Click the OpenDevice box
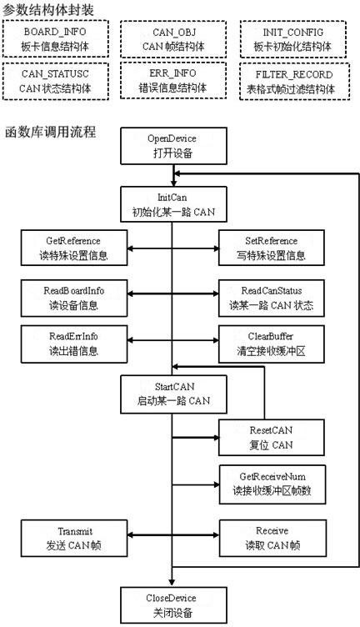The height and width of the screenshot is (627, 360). coord(174,146)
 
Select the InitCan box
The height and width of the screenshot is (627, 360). coord(174,204)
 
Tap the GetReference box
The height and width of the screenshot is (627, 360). coord(74,248)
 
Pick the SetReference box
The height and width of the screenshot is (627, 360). coord(272,248)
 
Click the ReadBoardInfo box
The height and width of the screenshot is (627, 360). coord(74,298)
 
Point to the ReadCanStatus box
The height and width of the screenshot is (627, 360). coord(272,298)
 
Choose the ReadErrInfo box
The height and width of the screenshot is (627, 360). coord(74,344)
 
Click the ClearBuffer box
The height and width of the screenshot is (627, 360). coord(272,344)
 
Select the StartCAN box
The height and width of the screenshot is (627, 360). coord(174,394)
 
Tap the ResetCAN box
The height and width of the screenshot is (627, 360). coord(272,437)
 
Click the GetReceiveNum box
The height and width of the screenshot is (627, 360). coord(272,484)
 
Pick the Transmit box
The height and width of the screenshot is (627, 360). coord(74,538)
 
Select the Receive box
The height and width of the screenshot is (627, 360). coord(272,538)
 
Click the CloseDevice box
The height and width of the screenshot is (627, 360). coord(174,605)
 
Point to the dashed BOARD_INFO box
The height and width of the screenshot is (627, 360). coord(56,39)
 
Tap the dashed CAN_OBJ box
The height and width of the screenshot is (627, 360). coord(173,39)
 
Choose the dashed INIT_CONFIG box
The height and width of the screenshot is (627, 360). coord(292,39)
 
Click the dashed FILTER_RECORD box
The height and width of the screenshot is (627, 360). coord(294,81)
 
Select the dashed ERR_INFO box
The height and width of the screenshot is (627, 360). coord(173,80)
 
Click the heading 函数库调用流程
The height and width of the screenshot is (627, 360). coord(50,132)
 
